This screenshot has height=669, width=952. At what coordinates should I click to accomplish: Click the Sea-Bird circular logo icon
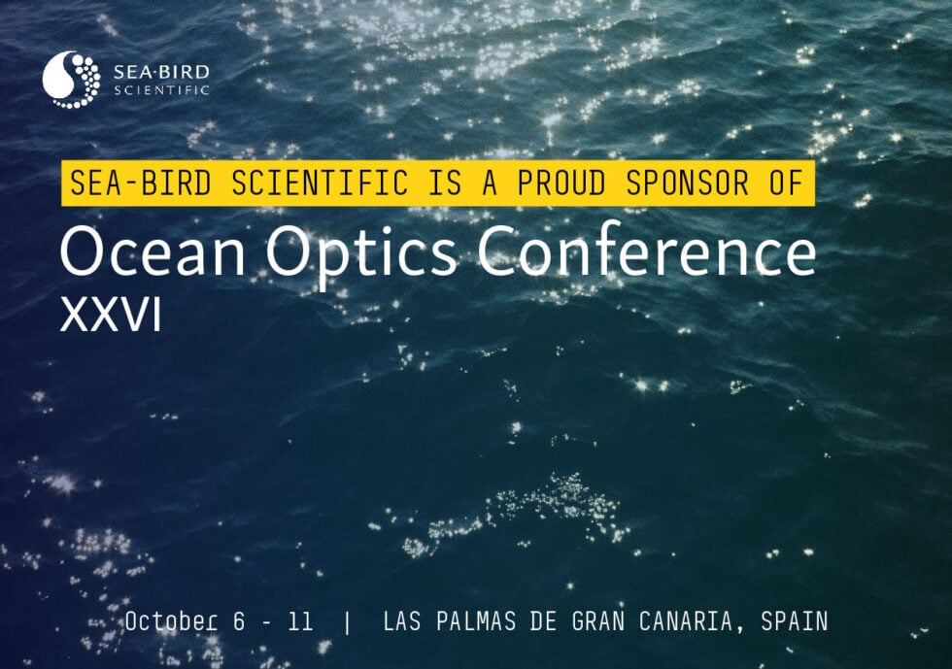pos(72,80)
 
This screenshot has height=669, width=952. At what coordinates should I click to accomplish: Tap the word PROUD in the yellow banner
pos(564,183)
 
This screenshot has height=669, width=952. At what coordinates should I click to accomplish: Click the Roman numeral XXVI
pos(110,316)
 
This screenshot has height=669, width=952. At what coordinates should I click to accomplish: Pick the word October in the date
pos(170,621)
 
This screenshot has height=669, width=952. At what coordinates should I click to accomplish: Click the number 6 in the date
pos(240,621)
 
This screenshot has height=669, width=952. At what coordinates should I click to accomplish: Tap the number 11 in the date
pos(301,621)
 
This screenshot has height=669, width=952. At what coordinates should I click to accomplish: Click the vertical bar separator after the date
pos(348,621)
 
